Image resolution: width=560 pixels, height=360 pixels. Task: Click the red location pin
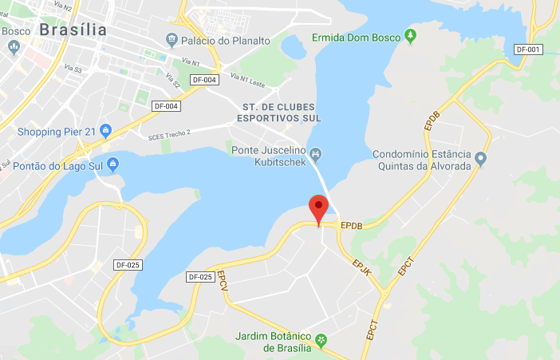pos(319,208)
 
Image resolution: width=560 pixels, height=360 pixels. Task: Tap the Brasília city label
pos(73,30)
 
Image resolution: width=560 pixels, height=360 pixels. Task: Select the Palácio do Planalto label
pos(226,40)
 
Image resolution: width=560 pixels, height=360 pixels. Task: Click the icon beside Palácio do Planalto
pos(172,39)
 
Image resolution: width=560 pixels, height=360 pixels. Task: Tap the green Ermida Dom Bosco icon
pos(410,36)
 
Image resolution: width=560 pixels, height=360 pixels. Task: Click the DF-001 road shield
pos(529,49)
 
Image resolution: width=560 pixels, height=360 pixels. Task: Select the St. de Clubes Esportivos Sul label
pos(278,113)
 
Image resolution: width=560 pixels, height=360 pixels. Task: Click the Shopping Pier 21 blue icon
pos(107,131)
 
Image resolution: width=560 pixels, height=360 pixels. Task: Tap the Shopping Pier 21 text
pos(57,131)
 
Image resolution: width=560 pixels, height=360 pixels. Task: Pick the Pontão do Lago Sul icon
pos(112,165)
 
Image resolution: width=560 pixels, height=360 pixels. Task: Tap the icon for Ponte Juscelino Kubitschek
pos(316,152)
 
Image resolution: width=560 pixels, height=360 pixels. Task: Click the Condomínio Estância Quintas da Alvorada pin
pos(480,159)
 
